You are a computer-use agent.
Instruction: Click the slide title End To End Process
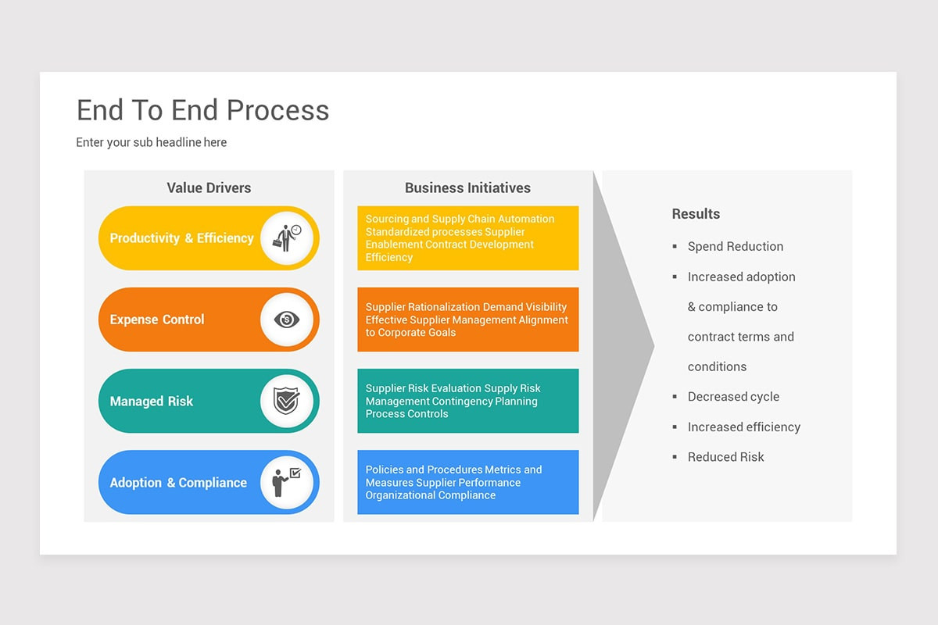tap(202, 110)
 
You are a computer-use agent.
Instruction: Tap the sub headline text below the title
tap(151, 142)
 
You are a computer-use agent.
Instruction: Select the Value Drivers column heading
tap(209, 187)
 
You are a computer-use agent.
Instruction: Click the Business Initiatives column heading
tap(467, 187)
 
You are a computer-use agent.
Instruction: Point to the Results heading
tap(696, 214)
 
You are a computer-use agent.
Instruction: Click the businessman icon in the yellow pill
tap(286, 237)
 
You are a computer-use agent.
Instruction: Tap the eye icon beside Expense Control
tap(286, 320)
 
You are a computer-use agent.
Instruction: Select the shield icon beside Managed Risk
tap(286, 401)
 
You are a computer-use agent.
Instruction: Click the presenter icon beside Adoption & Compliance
tap(286, 482)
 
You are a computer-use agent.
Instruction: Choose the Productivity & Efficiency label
tap(181, 238)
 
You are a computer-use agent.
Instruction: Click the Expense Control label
tap(157, 320)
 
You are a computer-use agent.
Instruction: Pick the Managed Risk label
tap(152, 402)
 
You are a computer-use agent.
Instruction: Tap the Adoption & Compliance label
tap(178, 483)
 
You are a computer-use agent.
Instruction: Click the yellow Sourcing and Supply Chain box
tap(467, 238)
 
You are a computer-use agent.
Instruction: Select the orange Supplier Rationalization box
tap(467, 320)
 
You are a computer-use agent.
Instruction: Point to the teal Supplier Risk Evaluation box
tap(467, 401)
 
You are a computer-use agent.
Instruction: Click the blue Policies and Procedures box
tap(467, 482)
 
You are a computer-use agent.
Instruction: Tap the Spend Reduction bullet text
tap(735, 247)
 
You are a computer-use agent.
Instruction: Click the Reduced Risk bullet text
tap(725, 457)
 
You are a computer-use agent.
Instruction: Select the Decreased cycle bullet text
tap(733, 397)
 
